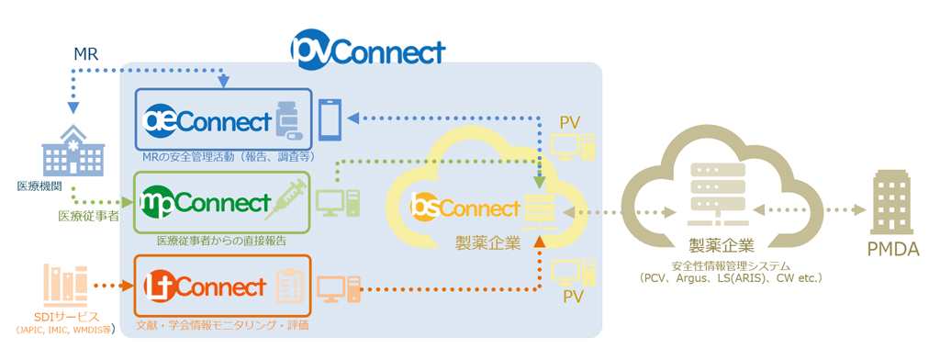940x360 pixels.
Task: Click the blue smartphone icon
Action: point(331,120)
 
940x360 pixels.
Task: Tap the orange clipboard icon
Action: point(289,287)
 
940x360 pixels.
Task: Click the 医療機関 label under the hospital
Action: point(39,186)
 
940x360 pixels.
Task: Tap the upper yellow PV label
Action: point(570,123)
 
